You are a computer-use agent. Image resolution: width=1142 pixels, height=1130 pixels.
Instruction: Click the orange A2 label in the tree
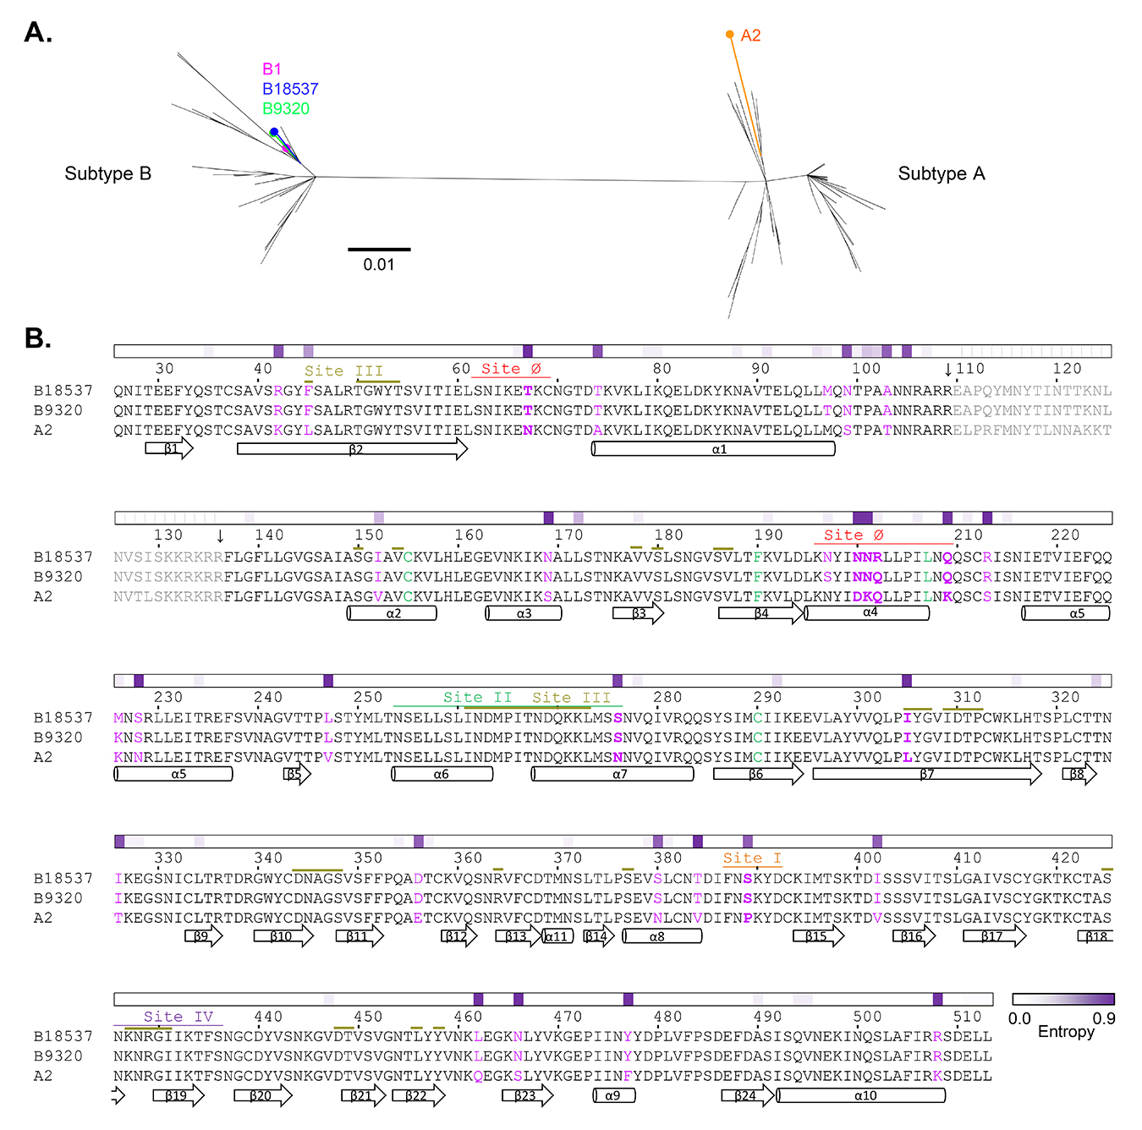coord(750,36)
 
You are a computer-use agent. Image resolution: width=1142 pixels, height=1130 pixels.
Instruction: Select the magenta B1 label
coord(272,69)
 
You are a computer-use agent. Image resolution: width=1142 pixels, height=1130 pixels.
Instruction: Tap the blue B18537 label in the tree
coord(290,89)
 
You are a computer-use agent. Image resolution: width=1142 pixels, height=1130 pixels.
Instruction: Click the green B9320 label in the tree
coord(286,109)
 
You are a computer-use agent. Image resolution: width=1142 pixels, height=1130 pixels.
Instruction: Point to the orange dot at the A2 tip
coord(730,35)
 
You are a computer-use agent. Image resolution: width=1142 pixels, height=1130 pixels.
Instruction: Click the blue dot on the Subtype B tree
coord(274,132)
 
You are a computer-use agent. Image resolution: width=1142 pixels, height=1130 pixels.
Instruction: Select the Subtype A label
coord(942,174)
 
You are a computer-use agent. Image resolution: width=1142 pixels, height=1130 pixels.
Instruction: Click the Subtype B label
coord(108,174)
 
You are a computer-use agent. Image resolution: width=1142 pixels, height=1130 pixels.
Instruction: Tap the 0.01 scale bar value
coord(379,265)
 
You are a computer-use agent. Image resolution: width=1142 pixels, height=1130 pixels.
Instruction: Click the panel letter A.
coord(38,33)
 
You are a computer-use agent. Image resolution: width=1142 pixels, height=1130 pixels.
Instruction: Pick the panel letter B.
coord(38,338)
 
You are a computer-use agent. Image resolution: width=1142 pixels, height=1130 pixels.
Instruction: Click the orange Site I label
coord(752,858)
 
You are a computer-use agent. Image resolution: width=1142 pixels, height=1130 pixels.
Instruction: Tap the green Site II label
coord(478,698)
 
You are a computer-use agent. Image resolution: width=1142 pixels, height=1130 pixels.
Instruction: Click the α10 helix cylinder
coord(861,1096)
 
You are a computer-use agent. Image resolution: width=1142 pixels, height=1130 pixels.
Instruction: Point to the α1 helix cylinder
coord(714,449)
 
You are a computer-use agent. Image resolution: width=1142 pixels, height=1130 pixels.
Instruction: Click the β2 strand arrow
coord(352,449)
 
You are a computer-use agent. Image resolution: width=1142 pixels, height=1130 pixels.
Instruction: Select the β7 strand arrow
coord(926,774)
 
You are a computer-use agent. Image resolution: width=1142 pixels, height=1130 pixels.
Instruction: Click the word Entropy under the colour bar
coord(1066,1032)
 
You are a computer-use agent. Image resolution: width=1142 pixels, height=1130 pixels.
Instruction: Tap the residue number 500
coord(867,1017)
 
